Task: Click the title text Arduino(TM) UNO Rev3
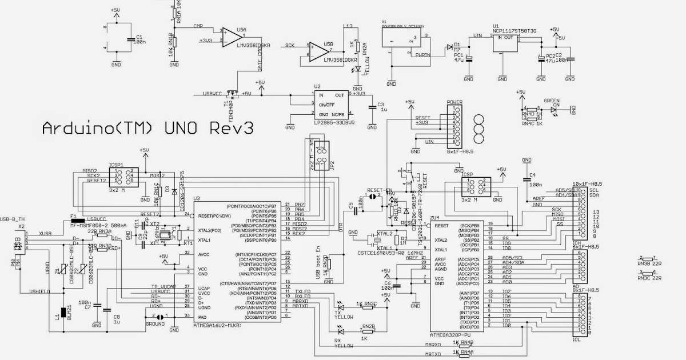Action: point(148,129)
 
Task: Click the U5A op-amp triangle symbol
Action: point(231,36)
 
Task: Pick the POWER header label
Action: point(454,102)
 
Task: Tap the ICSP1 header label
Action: point(116,164)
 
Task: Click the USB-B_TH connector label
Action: point(14,218)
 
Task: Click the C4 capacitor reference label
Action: point(532,175)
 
